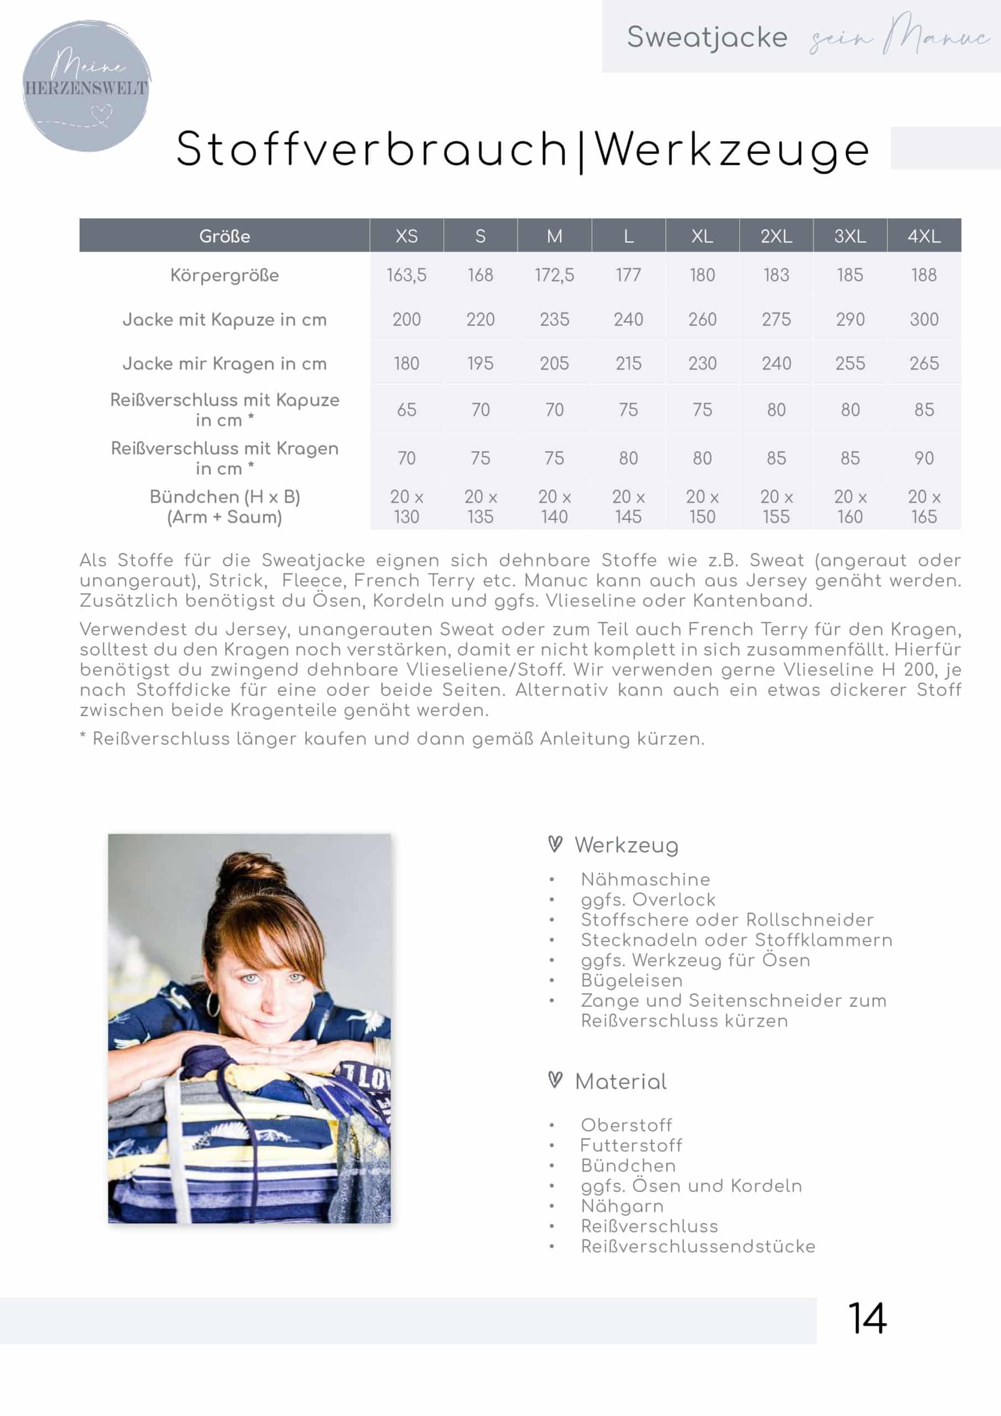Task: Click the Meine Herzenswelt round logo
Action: tap(86, 86)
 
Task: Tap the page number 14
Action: tap(867, 1319)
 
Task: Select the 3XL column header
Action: tap(850, 236)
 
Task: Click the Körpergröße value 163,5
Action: tap(406, 275)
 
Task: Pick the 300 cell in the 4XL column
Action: tap(924, 320)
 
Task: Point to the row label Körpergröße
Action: tap(225, 275)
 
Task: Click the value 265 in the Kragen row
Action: tap(924, 364)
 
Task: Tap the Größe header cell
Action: tap(225, 236)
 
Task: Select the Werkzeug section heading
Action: tap(626, 846)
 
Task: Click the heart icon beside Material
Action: tap(555, 1080)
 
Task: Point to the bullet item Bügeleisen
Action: tap(632, 981)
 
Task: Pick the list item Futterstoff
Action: tap(631, 1146)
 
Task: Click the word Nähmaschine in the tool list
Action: tap(645, 879)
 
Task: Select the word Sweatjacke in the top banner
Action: tap(707, 38)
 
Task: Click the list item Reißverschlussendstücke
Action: tap(697, 1246)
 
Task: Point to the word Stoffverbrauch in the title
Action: tap(371, 149)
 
